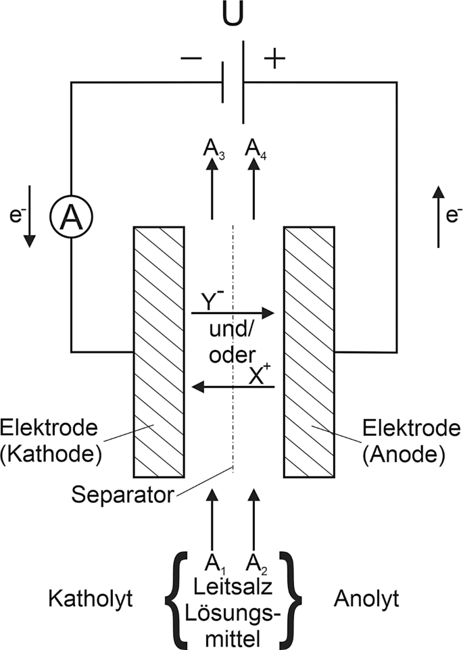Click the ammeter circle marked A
click(x=71, y=216)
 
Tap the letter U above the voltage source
click(x=233, y=14)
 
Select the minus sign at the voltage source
click(x=191, y=59)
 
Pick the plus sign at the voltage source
click(x=274, y=59)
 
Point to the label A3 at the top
click(x=214, y=149)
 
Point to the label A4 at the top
click(x=255, y=149)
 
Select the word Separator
click(x=122, y=495)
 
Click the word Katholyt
click(x=91, y=599)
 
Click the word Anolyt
click(x=366, y=599)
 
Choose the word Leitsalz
click(x=233, y=587)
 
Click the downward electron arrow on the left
click(x=29, y=216)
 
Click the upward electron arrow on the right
click(x=439, y=216)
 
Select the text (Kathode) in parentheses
click(x=51, y=454)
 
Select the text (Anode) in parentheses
click(x=404, y=454)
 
